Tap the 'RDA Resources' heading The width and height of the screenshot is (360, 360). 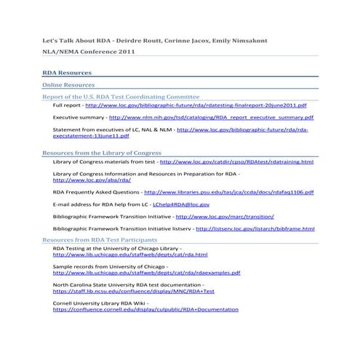[x=67, y=73]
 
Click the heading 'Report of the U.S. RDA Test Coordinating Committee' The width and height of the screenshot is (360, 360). [x=121, y=96]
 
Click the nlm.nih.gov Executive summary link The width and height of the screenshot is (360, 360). [x=211, y=116]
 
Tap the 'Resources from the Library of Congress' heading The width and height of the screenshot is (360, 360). [x=102, y=153]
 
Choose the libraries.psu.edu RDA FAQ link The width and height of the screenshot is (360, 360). [x=229, y=192]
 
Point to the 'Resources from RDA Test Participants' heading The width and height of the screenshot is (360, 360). [x=100, y=239]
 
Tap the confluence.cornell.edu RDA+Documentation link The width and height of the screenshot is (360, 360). [x=145, y=309]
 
